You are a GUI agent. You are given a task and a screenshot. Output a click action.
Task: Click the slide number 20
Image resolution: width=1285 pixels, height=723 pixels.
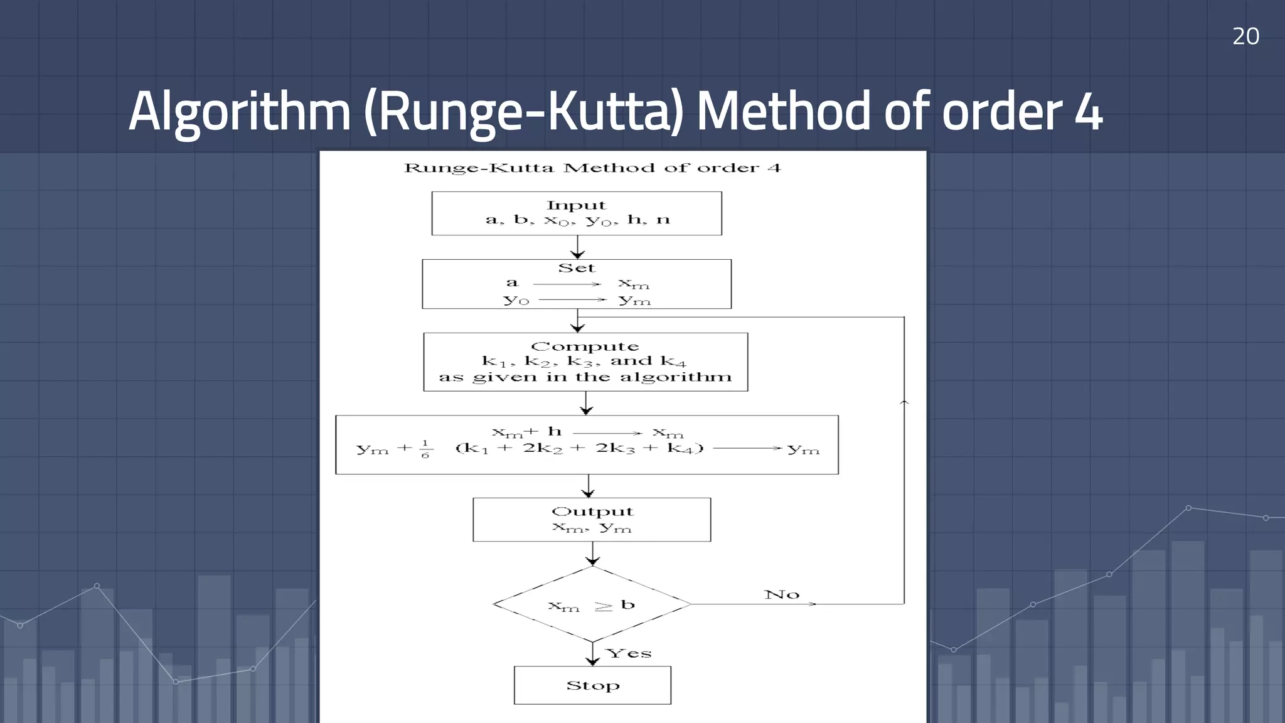click(1245, 36)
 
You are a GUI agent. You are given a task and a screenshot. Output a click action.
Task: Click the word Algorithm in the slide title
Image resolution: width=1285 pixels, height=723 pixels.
click(239, 112)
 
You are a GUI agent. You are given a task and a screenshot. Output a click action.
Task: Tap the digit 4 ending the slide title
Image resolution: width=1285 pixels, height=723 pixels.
click(1088, 112)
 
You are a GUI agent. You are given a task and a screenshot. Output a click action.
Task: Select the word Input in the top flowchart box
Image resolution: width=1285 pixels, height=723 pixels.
click(576, 205)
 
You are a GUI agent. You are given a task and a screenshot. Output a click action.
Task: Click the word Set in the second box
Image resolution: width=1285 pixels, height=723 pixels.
click(576, 268)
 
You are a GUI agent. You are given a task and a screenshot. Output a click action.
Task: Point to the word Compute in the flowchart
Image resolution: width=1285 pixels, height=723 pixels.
click(585, 346)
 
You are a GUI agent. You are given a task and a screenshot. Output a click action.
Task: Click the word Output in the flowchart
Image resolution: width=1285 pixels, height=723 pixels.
click(592, 511)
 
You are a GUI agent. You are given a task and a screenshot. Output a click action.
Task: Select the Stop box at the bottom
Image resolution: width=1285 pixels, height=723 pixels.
click(592, 685)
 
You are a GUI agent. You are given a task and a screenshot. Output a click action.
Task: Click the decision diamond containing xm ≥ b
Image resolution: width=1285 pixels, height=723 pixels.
click(592, 604)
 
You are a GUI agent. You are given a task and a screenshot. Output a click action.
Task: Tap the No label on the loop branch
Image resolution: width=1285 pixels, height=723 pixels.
click(782, 594)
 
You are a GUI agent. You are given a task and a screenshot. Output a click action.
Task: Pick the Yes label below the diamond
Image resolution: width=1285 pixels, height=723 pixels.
click(629, 653)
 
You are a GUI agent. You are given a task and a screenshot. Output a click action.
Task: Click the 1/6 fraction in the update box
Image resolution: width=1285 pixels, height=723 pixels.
click(425, 449)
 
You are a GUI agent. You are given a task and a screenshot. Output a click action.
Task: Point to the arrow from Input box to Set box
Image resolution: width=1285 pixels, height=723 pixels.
click(577, 247)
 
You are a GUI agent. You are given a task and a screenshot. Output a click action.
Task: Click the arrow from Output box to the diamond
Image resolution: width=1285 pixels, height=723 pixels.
click(592, 554)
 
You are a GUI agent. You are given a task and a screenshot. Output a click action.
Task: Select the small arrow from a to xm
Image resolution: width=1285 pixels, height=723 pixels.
click(567, 284)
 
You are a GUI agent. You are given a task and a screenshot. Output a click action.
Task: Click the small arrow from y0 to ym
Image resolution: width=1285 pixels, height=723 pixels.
click(572, 300)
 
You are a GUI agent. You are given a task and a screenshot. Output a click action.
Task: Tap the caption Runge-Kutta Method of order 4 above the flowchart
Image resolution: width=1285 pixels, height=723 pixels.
click(592, 168)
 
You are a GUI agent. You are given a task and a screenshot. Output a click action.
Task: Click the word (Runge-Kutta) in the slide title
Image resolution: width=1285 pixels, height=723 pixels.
click(523, 112)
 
